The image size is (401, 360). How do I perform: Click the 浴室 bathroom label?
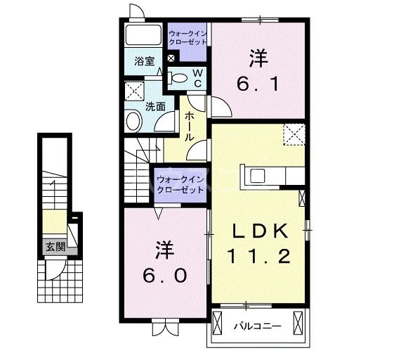[x=145, y=61]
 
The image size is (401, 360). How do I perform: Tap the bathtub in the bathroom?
[x=145, y=37]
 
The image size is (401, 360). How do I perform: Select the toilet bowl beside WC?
[x=180, y=77]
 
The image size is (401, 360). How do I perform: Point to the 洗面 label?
[x=155, y=107]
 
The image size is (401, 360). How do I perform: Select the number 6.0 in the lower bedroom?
[x=166, y=276]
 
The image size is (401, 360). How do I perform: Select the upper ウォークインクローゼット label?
[x=188, y=37]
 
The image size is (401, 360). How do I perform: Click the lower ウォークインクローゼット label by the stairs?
[x=180, y=184]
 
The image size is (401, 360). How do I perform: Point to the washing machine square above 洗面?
[x=134, y=91]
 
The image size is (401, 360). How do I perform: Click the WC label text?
[x=197, y=77]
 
